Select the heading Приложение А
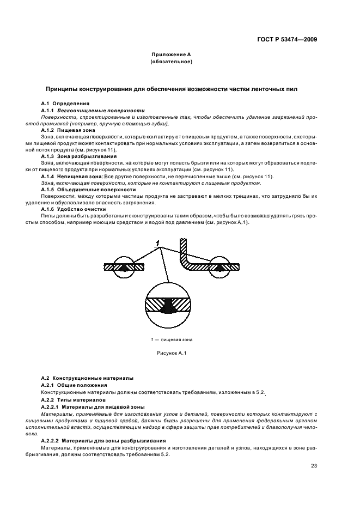pyautogui.click(x=171, y=55)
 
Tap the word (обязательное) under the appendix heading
pyautogui.click(x=171, y=62)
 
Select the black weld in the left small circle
pyautogui.click(x=125, y=267)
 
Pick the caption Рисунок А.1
pyautogui.click(x=172, y=354)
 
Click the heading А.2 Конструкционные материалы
pyautogui.click(x=87, y=378)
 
